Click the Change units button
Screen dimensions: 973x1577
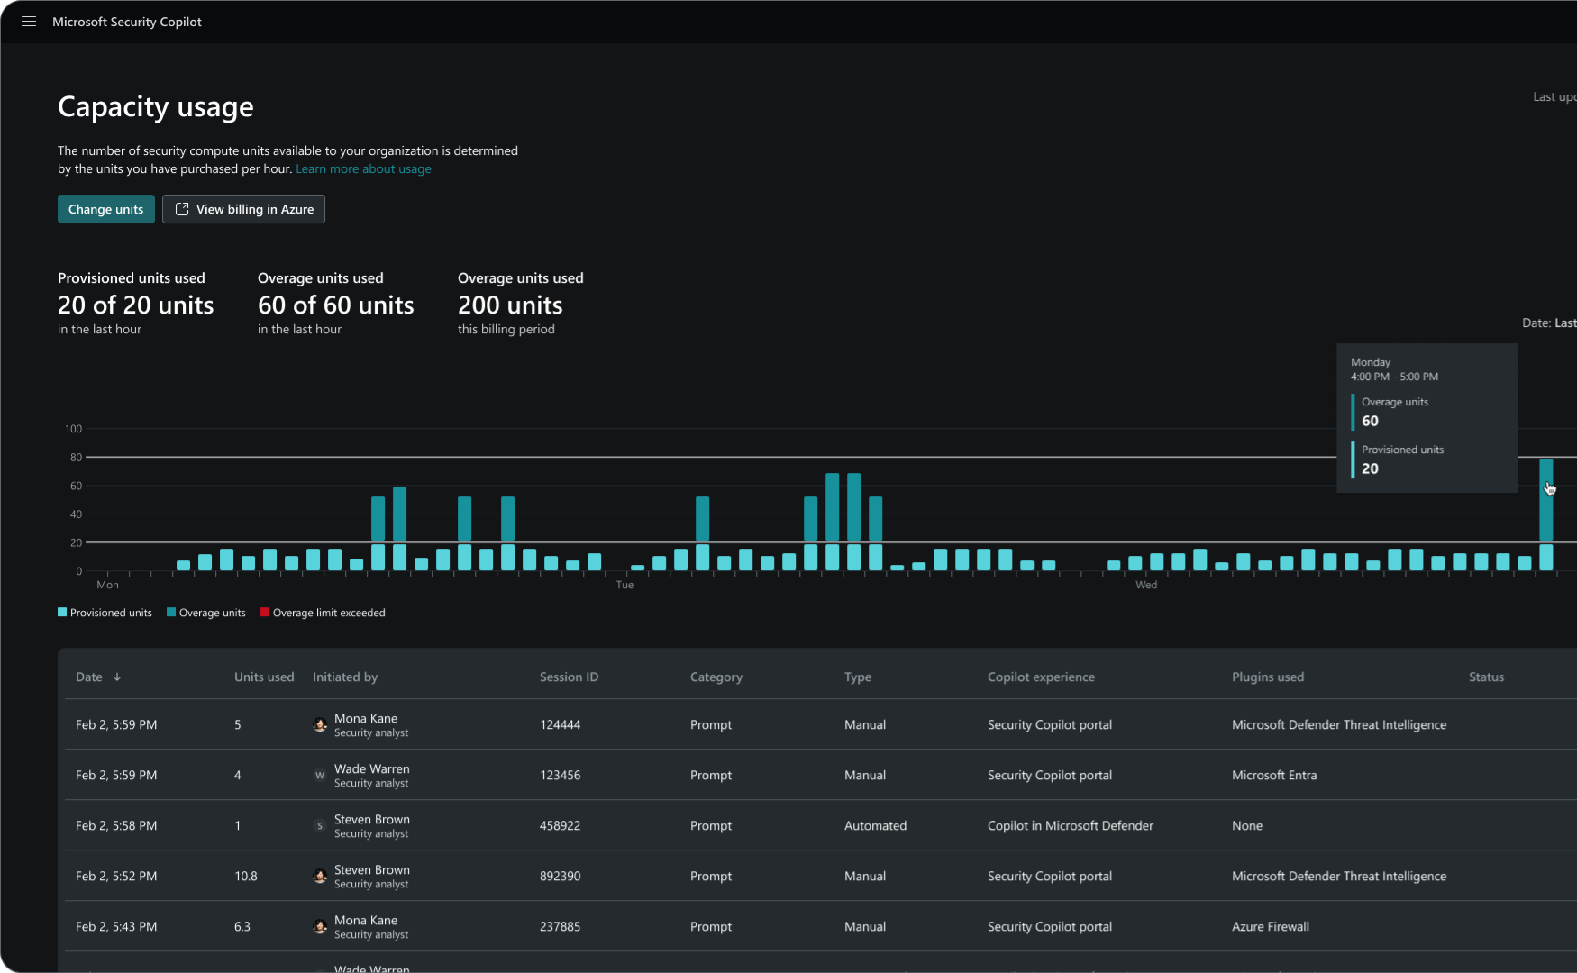point(105,209)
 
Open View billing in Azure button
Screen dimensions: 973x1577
point(243,209)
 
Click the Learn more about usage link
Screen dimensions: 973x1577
point(363,168)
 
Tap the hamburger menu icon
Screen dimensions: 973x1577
point(29,22)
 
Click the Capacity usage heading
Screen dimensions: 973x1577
point(155,106)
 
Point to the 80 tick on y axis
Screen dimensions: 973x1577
point(76,458)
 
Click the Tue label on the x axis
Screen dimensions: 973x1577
point(624,585)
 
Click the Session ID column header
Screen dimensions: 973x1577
point(569,677)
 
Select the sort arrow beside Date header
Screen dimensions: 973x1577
point(117,677)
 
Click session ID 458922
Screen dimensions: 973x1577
point(560,825)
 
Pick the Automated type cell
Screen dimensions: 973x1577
point(875,825)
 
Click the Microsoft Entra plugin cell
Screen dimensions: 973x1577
point(1273,775)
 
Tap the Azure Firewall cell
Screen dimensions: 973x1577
point(1270,926)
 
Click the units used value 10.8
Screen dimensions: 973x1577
point(245,876)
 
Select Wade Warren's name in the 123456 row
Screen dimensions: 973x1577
point(371,768)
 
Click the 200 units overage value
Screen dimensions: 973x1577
point(510,305)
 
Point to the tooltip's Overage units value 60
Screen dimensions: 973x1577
point(1370,421)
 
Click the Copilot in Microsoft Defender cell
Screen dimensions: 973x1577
point(1070,825)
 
